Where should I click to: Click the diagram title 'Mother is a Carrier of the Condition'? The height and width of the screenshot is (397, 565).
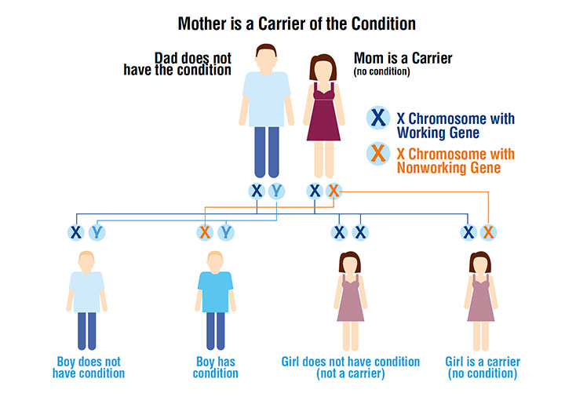pos(297,24)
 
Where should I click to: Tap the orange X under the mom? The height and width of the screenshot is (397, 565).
pos(333,191)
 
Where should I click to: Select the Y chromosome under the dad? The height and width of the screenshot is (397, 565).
pos(275,191)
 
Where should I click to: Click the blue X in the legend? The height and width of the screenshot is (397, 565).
pos(377,118)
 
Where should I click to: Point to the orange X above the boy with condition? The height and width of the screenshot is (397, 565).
pos(206,232)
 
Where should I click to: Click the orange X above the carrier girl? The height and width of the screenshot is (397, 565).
pos(488,232)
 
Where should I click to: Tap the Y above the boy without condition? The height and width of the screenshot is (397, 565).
pos(96,232)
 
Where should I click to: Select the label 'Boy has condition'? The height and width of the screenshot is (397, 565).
pos(216,368)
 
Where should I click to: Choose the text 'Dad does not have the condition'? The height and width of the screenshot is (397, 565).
pos(179,63)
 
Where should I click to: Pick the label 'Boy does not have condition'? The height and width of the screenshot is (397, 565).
pos(89,368)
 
